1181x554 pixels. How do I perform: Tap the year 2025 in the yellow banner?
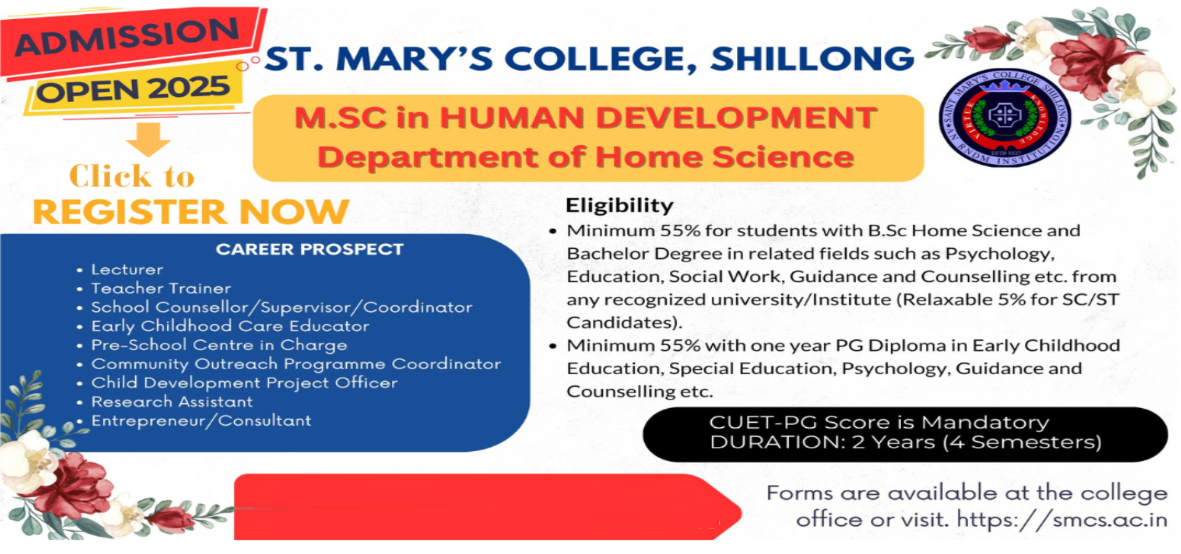click(x=189, y=87)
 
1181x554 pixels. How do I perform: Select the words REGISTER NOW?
click(x=191, y=212)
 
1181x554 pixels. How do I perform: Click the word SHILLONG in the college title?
click(x=813, y=59)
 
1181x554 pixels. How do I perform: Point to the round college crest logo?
click(x=1004, y=118)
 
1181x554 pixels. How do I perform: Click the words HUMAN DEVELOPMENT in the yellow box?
click(x=658, y=118)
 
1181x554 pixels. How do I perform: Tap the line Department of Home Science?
click(x=586, y=157)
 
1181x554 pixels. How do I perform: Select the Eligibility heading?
click(x=619, y=206)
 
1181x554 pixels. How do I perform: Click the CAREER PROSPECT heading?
click(x=309, y=249)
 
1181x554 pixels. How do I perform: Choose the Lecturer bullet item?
click(x=127, y=270)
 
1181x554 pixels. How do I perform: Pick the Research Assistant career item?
click(x=172, y=402)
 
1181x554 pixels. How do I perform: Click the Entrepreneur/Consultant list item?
click(x=201, y=421)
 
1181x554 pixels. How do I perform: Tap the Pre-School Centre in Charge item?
click(x=219, y=345)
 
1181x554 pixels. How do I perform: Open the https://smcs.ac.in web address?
click(x=1062, y=520)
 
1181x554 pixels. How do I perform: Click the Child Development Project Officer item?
click(x=244, y=383)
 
